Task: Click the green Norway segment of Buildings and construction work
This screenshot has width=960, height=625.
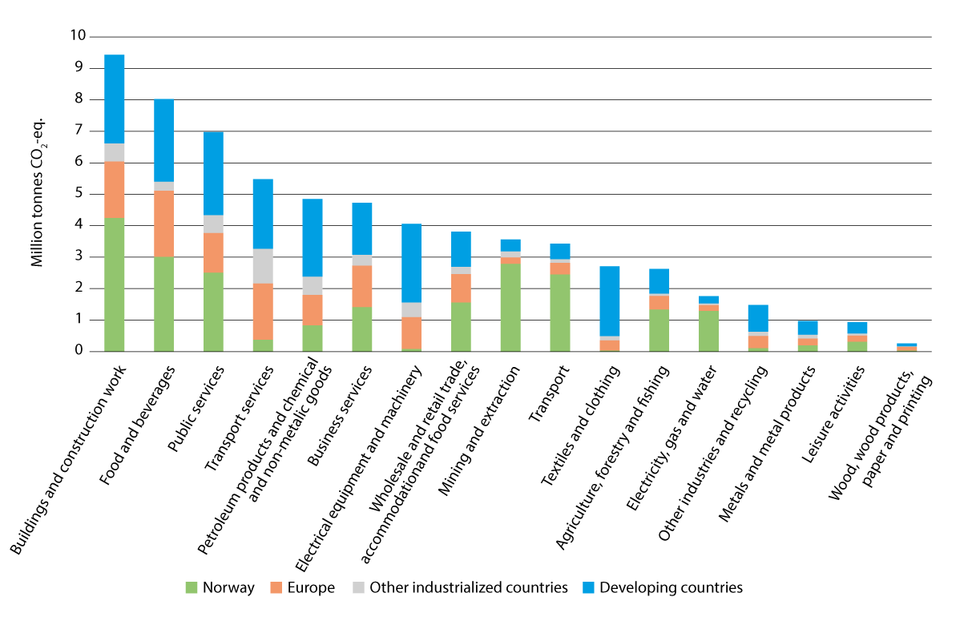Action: pyautogui.click(x=115, y=284)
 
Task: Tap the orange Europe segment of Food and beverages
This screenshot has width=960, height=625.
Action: pyautogui.click(x=164, y=224)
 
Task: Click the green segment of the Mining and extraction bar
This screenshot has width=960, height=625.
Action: pyautogui.click(x=510, y=307)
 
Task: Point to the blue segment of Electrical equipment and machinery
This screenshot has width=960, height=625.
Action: pyautogui.click(x=412, y=263)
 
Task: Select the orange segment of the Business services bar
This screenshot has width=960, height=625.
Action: pyautogui.click(x=362, y=286)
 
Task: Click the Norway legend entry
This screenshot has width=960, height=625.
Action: pyautogui.click(x=220, y=587)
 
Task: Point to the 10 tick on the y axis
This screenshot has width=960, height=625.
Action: pyautogui.click(x=78, y=37)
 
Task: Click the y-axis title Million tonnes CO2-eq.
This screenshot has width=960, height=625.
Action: pyautogui.click(x=37, y=192)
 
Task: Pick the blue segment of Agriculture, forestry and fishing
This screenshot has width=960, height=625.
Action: pyautogui.click(x=659, y=280)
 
